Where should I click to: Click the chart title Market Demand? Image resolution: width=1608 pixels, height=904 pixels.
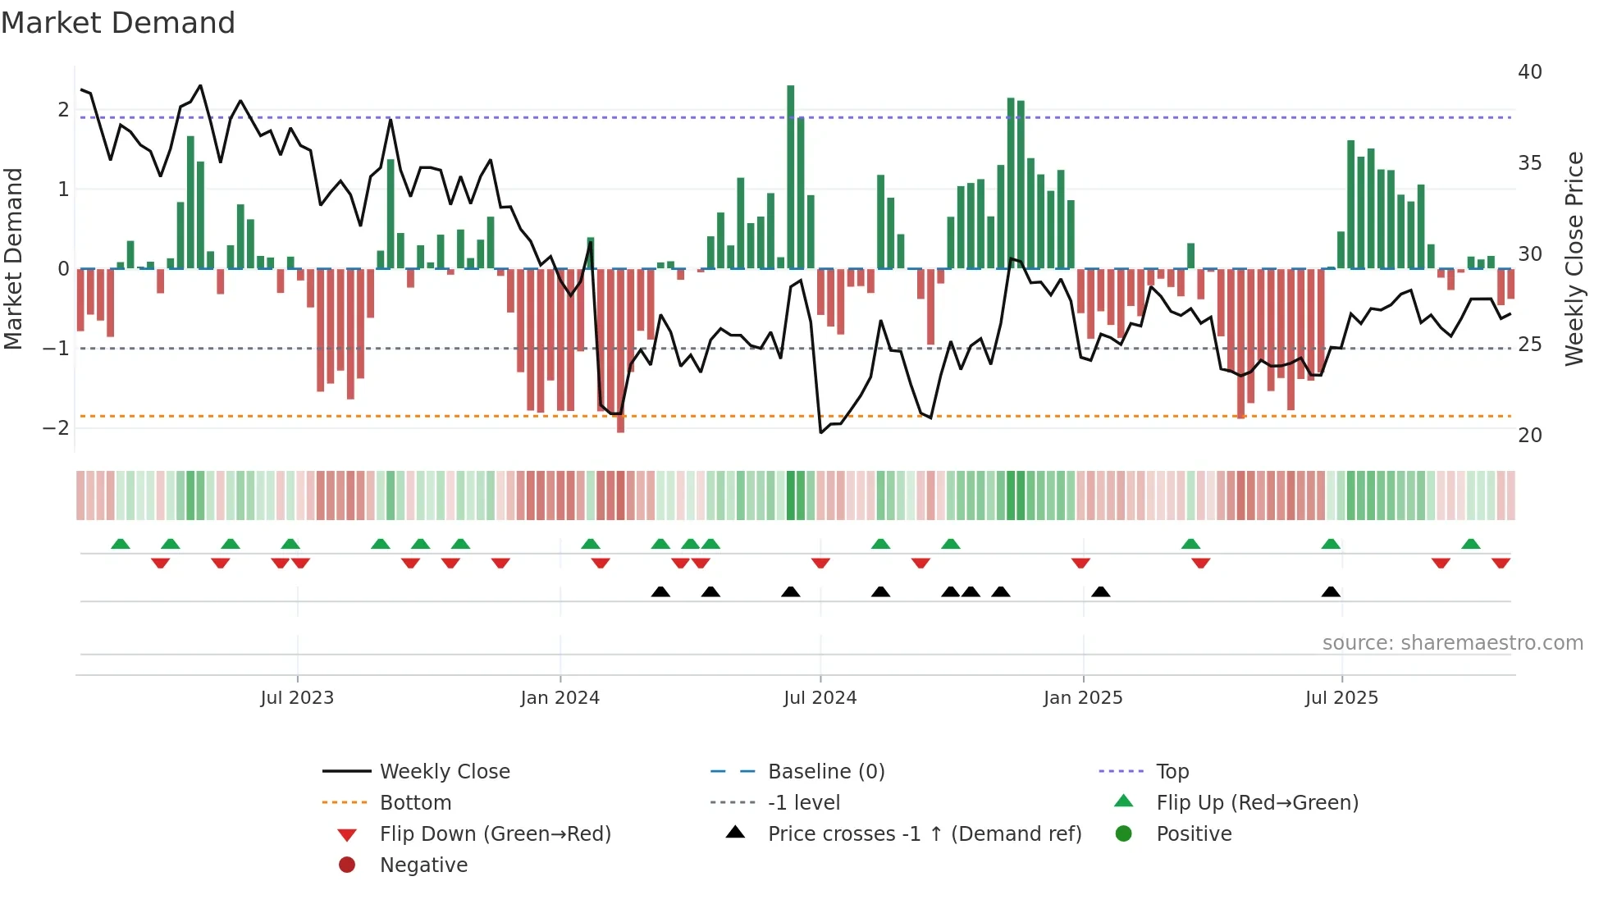point(118,23)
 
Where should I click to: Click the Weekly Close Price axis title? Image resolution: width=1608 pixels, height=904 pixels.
point(1574,258)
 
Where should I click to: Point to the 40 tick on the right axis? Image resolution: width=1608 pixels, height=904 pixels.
point(1529,72)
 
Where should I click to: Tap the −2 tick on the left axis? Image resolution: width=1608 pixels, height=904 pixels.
point(56,427)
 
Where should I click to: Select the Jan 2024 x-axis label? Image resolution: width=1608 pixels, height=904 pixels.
point(560,698)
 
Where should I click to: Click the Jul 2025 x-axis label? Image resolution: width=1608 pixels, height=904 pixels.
point(1341,698)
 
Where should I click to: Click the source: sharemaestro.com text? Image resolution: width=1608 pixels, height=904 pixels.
point(1452,642)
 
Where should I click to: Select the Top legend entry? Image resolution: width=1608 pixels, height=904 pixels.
point(1172,771)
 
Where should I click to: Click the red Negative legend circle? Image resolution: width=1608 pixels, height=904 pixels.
point(347,865)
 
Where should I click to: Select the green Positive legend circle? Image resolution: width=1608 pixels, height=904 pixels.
point(1124,833)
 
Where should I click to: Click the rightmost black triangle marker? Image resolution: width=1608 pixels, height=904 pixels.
point(1331,591)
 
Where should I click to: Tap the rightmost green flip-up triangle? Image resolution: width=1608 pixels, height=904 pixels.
point(1470,544)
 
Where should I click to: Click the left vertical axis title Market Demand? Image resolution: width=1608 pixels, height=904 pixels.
point(13,258)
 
